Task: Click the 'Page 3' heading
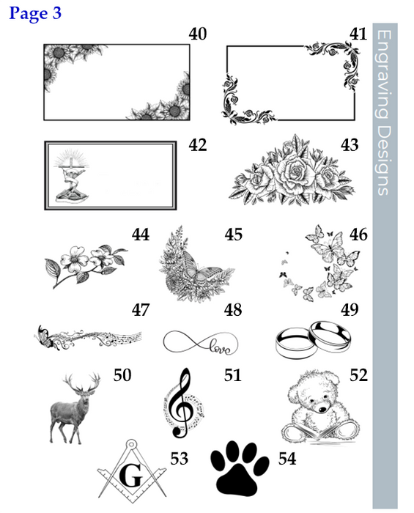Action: pyautogui.click(x=35, y=13)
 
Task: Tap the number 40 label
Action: pyautogui.click(x=198, y=34)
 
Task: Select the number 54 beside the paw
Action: pyautogui.click(x=287, y=458)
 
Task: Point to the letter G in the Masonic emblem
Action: pyautogui.click(x=131, y=476)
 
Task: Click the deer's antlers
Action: pyautogui.click(x=82, y=382)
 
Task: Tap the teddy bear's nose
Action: pyautogui.click(x=322, y=409)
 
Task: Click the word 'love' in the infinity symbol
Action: pyautogui.click(x=220, y=347)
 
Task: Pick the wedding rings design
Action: pyautogui.click(x=314, y=339)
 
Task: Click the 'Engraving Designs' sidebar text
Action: pyautogui.click(x=385, y=113)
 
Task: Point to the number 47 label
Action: pyautogui.click(x=141, y=309)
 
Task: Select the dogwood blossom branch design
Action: pyautogui.click(x=86, y=265)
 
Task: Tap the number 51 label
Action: pyautogui.click(x=233, y=375)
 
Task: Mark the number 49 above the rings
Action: pyautogui.click(x=350, y=309)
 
